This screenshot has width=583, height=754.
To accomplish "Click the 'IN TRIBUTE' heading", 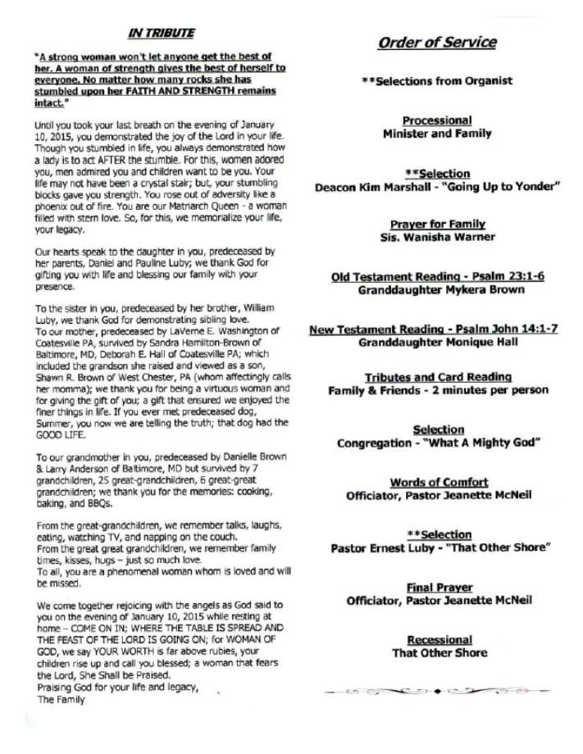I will click(x=161, y=34).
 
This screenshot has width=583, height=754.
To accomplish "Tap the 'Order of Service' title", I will click(x=437, y=43).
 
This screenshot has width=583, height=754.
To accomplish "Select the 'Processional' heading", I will click(x=437, y=120).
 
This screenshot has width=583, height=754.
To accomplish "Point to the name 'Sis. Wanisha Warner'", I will click(x=437, y=238).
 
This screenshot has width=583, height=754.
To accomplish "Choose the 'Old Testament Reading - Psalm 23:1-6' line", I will click(x=437, y=277).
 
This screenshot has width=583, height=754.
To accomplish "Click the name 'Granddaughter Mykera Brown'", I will click(x=437, y=290).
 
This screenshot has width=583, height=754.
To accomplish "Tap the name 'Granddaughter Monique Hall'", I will click(x=437, y=343).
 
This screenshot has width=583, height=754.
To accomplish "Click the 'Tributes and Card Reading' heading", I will click(x=437, y=377).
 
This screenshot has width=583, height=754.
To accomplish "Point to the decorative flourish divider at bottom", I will click(x=437, y=691).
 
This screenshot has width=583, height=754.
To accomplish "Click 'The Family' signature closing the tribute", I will click(x=58, y=701).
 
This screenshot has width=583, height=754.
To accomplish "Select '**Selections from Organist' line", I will click(x=437, y=80).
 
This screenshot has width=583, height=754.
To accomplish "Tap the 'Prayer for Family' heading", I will click(x=438, y=225).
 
